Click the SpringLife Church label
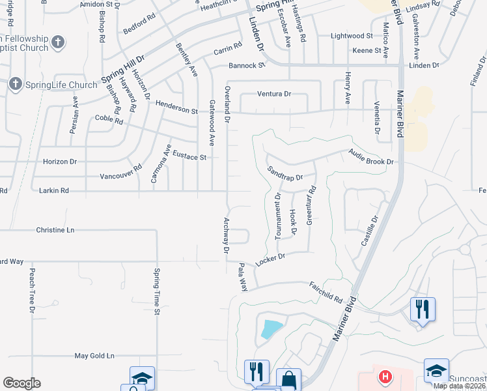pos(61,84)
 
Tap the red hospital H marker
pos(385,376)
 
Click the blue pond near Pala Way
pos(271,329)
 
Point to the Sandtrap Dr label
pos(286,173)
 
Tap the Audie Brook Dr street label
pos(371,156)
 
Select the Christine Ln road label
pos(55,230)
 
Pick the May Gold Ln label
pos(94,356)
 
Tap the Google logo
pos(21,383)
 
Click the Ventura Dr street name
pos(273,94)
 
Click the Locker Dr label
pos(271,258)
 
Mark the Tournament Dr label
pos(278,216)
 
